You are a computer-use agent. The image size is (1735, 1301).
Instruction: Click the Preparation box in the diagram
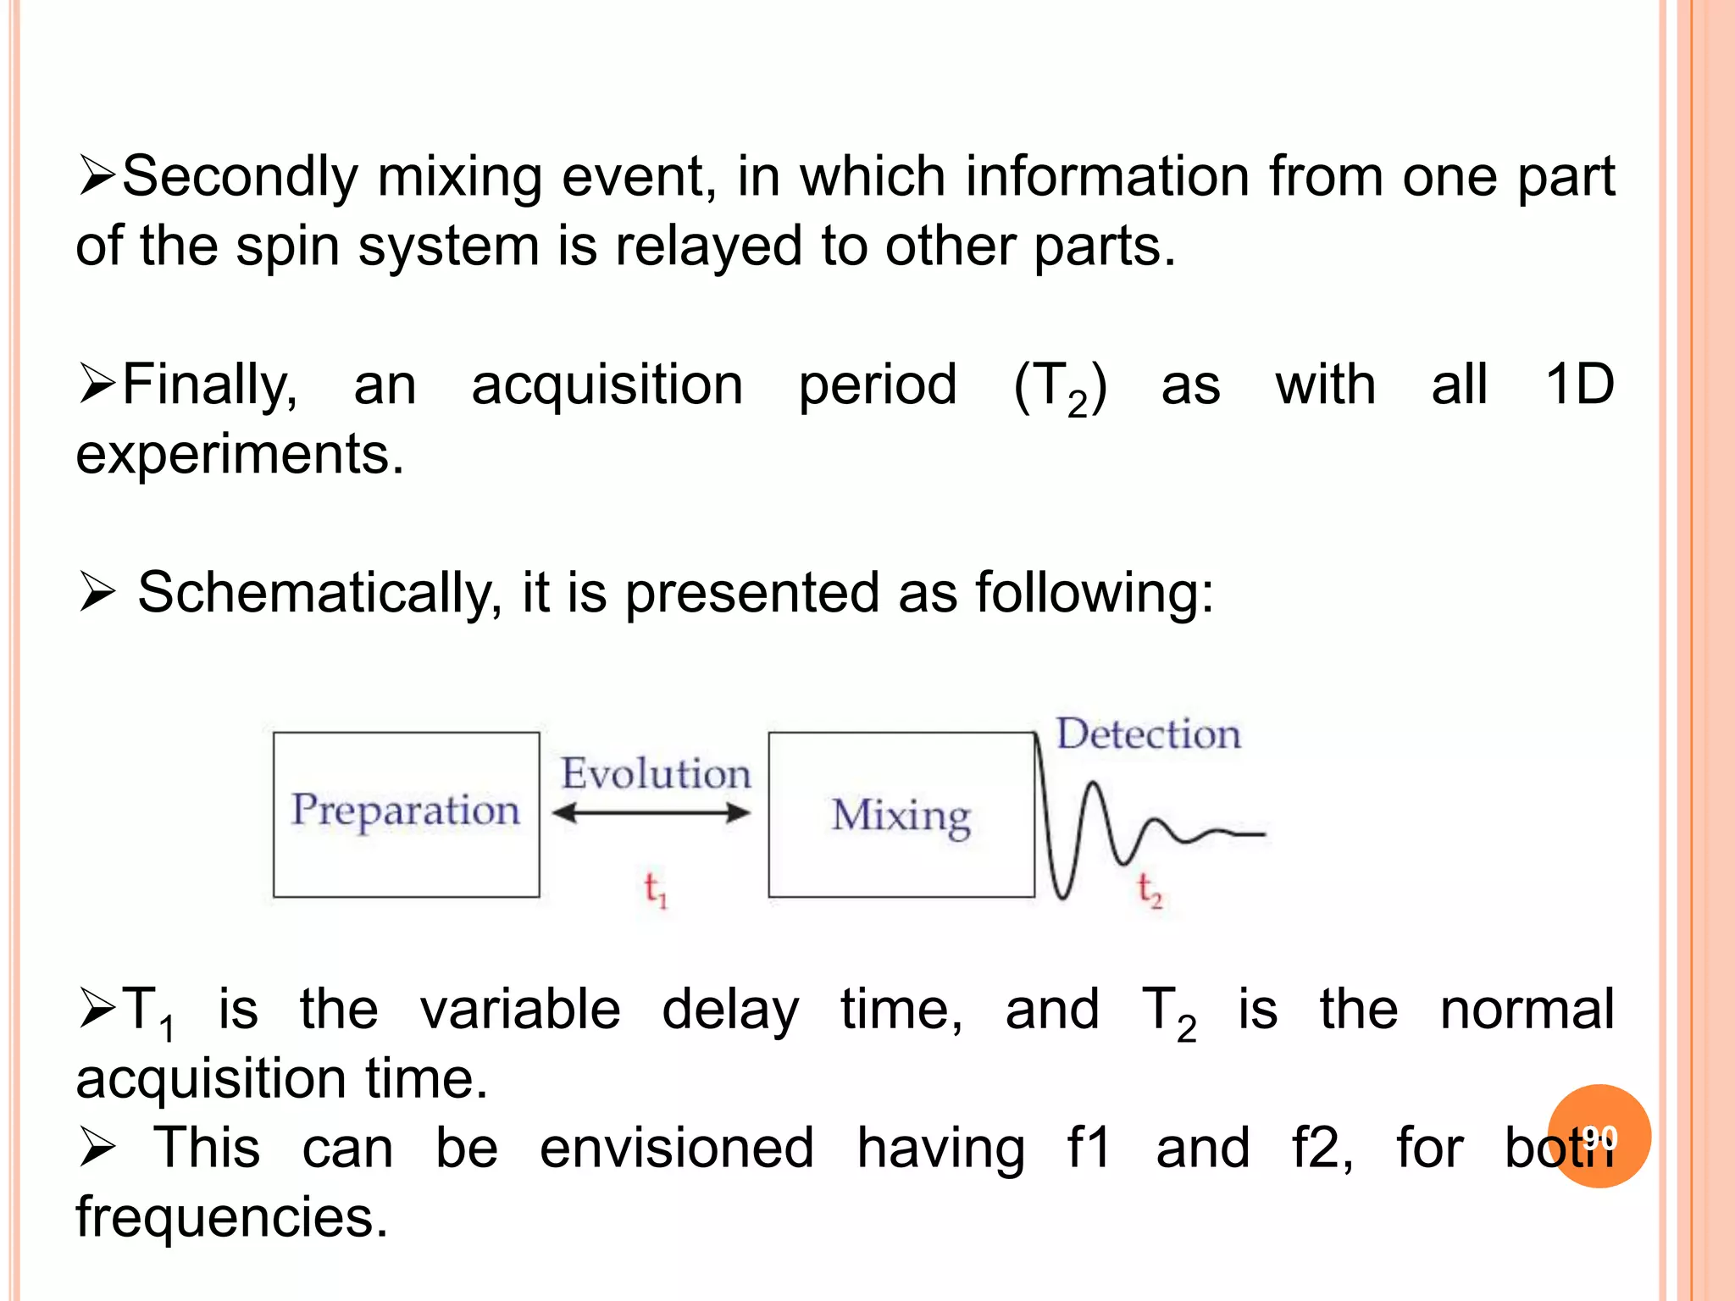point(406,814)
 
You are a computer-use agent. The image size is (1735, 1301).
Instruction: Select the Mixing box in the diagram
point(901,814)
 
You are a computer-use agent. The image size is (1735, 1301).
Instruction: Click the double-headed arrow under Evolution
point(651,814)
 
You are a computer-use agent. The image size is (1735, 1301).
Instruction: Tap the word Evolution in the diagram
point(656,773)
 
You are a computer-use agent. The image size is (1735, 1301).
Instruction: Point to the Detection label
point(1148,734)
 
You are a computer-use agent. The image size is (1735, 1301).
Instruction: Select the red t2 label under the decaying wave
point(1150,890)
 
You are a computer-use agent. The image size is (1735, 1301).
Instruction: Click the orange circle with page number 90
point(1599,1136)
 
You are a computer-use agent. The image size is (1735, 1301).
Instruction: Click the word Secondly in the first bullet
point(241,178)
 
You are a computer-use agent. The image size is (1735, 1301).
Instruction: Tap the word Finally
point(209,385)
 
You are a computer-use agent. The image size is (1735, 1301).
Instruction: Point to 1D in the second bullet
point(1579,385)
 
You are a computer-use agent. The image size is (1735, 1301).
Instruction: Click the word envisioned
point(677,1149)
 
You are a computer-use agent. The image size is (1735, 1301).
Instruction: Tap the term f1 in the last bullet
point(1089,1149)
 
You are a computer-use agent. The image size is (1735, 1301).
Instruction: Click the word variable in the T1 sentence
point(520,1010)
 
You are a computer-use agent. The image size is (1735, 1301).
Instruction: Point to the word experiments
point(240,455)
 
